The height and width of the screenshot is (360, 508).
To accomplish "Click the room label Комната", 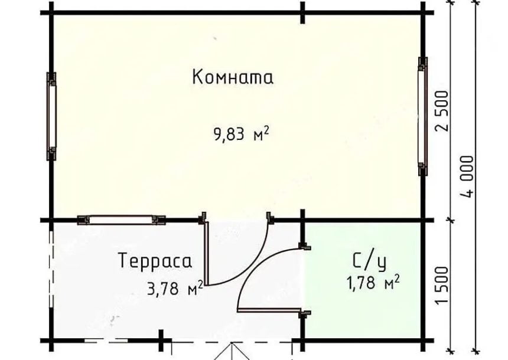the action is [x=233, y=77].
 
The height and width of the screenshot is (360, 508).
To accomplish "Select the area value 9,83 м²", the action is [x=242, y=134].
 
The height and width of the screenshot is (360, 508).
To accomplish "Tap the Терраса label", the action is [x=155, y=261].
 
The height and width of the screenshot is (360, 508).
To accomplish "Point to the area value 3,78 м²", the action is [x=175, y=288].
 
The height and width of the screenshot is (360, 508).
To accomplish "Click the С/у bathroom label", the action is [x=370, y=261].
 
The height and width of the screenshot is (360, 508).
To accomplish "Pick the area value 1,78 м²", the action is [x=373, y=283].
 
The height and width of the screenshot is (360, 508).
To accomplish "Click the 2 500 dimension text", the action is [x=442, y=111].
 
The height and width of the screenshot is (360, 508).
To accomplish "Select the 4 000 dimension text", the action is [x=467, y=176].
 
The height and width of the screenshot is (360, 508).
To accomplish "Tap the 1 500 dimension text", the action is [x=442, y=285].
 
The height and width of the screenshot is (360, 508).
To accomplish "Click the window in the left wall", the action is [x=51, y=116].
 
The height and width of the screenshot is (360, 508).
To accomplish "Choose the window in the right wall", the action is [x=422, y=116].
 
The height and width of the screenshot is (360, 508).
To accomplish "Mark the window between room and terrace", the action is [x=121, y=220].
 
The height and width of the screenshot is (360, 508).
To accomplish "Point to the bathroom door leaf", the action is [x=269, y=310].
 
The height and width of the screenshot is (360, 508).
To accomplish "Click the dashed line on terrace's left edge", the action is [x=51, y=269].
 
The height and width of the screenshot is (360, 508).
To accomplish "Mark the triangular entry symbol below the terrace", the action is [x=232, y=351].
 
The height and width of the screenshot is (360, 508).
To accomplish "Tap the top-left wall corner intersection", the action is [x=51, y=13].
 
